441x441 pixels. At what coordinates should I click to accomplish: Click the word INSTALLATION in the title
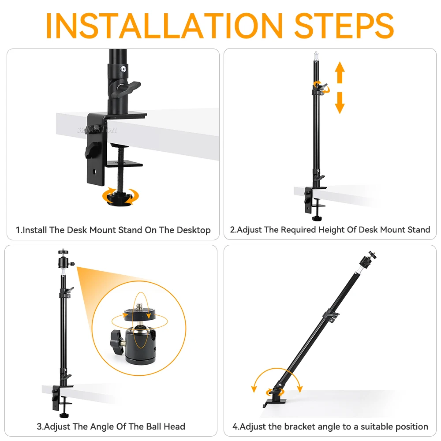point(164,26)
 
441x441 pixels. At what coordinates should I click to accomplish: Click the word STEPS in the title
point(344,26)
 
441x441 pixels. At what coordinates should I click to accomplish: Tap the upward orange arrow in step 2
point(340,72)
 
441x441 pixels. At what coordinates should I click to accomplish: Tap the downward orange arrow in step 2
point(340,103)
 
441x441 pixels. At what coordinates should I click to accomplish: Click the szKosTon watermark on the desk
point(97,129)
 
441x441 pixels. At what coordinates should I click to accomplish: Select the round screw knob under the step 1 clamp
point(120,197)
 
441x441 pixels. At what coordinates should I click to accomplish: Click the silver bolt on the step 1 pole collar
point(123,69)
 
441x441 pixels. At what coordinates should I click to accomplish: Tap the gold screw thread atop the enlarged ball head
point(139,306)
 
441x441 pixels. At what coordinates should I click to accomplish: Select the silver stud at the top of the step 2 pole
point(316,56)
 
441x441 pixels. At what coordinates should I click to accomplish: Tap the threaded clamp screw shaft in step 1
point(121,169)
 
